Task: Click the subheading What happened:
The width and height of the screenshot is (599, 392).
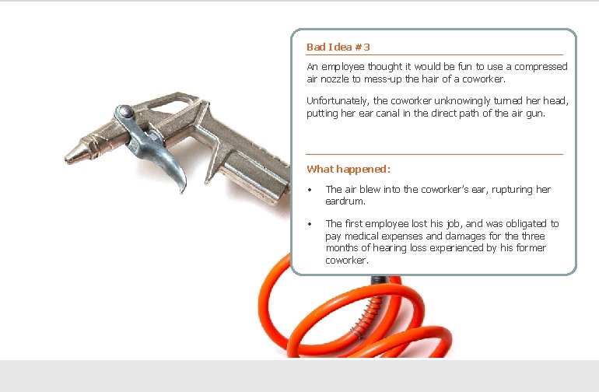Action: click(348, 169)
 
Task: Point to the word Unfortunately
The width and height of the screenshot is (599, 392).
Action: click(338, 101)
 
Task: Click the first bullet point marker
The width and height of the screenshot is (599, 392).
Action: click(310, 191)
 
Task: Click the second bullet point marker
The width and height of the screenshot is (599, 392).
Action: click(310, 225)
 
